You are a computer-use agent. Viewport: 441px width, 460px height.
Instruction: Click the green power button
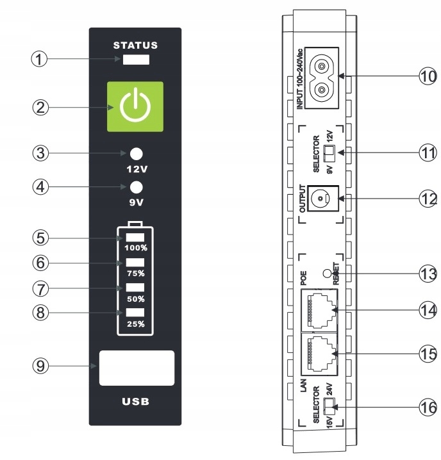[x=135, y=107]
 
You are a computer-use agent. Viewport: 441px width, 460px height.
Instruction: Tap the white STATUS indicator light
[x=135, y=60]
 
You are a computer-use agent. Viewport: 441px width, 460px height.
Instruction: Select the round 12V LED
[x=136, y=154]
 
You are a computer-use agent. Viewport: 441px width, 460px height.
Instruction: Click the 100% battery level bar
[x=135, y=238]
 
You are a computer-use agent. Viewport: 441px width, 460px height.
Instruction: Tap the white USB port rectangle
[x=137, y=368]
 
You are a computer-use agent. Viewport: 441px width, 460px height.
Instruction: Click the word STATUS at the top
[x=135, y=45]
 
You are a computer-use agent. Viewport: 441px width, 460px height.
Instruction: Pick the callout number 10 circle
[x=428, y=76]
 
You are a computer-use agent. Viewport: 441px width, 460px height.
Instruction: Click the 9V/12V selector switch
[x=329, y=152]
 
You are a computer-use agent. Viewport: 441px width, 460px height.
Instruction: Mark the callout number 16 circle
[x=428, y=408]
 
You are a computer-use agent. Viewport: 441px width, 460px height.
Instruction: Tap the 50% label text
[x=135, y=299]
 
